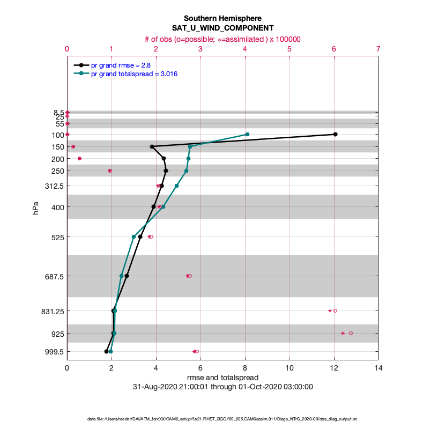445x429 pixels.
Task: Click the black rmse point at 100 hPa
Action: (x=335, y=134)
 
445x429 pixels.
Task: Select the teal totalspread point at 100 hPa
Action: (x=247, y=134)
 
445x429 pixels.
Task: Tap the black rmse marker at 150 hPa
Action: (x=152, y=146)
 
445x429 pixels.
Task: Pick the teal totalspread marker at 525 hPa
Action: (x=134, y=236)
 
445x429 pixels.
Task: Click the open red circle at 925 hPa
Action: (x=351, y=333)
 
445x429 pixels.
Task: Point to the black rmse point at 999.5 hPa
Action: (x=106, y=351)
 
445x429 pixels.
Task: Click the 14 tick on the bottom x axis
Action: (x=379, y=368)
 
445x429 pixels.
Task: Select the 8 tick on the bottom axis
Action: (x=245, y=368)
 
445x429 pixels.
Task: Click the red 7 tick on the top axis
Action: (x=379, y=49)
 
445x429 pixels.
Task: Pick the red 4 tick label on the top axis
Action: (x=245, y=49)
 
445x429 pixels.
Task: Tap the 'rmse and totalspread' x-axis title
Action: (x=222, y=378)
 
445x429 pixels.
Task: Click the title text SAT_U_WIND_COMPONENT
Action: (x=222, y=27)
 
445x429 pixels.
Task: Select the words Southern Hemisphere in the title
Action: (x=222, y=18)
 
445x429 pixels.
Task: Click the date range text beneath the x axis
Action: (x=222, y=387)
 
